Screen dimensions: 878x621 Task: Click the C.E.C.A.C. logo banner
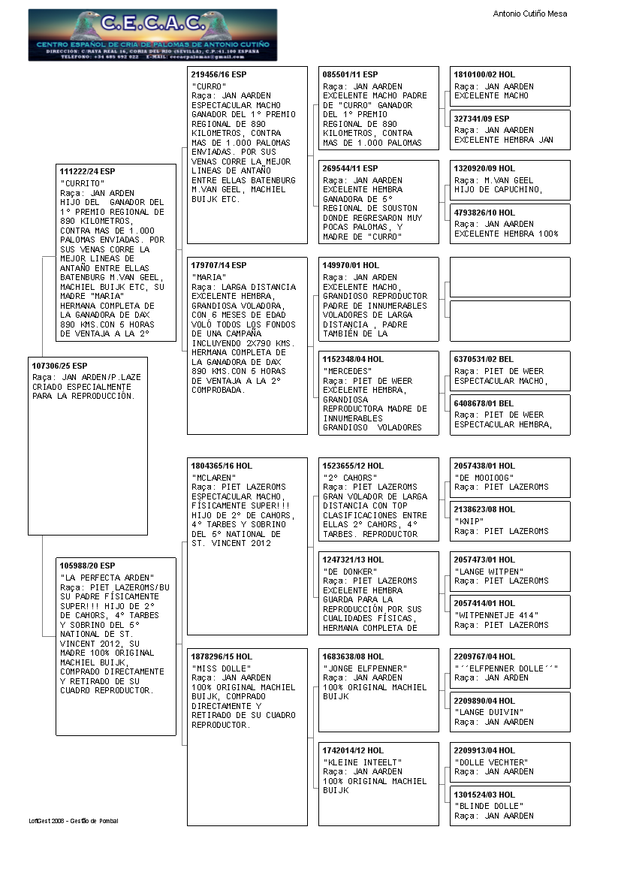click(x=152, y=35)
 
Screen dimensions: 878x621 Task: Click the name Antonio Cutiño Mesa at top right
click(x=529, y=14)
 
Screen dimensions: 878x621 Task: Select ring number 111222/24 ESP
click(x=88, y=171)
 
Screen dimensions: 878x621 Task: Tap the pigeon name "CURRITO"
click(x=83, y=183)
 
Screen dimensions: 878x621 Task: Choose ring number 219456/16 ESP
click(x=219, y=75)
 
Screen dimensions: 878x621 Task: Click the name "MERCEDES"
click(x=348, y=371)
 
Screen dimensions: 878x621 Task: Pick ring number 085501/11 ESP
click(x=350, y=75)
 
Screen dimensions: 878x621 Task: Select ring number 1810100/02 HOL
click(x=484, y=75)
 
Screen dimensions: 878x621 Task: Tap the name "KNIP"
click(x=469, y=520)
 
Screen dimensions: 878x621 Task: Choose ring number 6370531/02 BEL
click(x=484, y=360)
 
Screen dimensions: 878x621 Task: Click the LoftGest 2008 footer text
click(x=74, y=821)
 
